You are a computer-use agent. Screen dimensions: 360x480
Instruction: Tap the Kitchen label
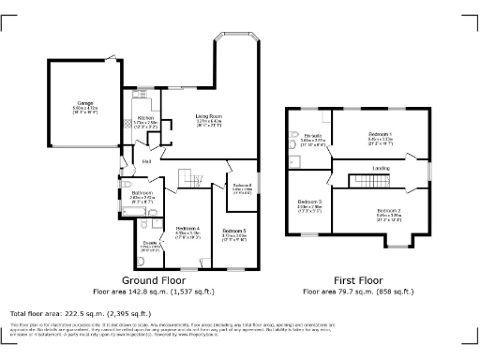(x=132, y=118)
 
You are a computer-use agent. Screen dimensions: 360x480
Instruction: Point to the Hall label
(x=147, y=161)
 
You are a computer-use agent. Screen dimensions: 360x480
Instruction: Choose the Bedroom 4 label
(x=187, y=229)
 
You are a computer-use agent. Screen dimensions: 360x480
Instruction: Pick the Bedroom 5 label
(x=234, y=231)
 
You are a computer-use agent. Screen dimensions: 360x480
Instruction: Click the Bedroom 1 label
(x=380, y=135)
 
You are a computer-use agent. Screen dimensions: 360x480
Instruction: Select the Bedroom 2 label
(x=389, y=210)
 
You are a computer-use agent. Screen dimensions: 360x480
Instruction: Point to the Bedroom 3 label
(x=309, y=202)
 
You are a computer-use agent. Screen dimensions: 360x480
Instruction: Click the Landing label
(x=382, y=168)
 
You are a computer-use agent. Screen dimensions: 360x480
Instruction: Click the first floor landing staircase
(x=361, y=180)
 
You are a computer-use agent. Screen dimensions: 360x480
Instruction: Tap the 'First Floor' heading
(x=359, y=279)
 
